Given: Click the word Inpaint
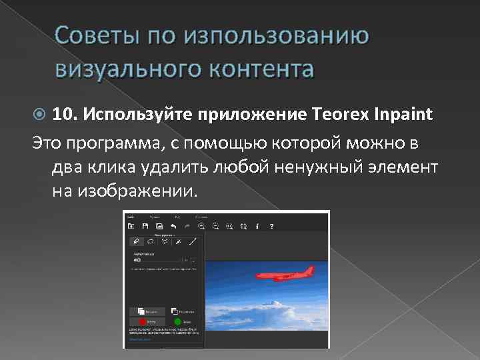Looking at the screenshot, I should [x=404, y=114].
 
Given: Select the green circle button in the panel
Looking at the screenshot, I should [x=177, y=321].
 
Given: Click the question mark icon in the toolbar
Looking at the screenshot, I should [x=272, y=226].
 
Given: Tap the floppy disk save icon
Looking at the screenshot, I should [x=144, y=226].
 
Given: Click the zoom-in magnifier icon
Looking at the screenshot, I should [x=201, y=226].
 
